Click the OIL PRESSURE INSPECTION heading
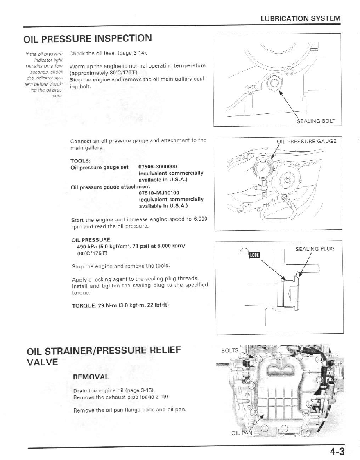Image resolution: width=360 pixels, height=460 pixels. click(88, 39)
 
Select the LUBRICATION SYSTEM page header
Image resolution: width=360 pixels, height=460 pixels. click(300, 18)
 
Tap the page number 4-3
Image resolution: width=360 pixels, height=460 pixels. click(337, 451)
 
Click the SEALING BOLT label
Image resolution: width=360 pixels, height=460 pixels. click(316, 121)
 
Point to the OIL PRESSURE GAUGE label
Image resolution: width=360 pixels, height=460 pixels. click(306, 142)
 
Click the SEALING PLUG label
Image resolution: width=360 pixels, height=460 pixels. click(315, 248)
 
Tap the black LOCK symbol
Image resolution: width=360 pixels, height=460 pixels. click(254, 255)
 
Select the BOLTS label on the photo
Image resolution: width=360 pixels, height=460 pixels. click(229, 350)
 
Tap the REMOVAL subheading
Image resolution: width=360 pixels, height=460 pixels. click(91, 376)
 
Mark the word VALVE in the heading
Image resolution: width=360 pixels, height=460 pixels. click(42, 362)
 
